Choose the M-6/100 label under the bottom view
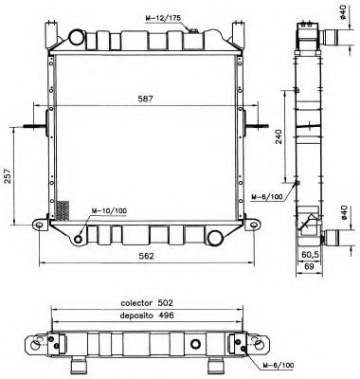(x=275, y=365)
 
